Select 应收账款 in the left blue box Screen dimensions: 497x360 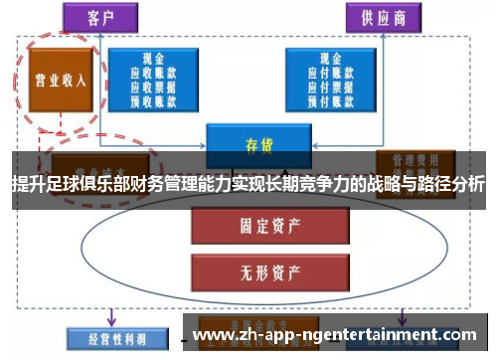(x=152, y=74)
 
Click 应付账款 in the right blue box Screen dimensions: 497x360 (x=329, y=74)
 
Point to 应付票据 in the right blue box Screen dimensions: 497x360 (x=329, y=87)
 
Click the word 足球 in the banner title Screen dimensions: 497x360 (x=63, y=185)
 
